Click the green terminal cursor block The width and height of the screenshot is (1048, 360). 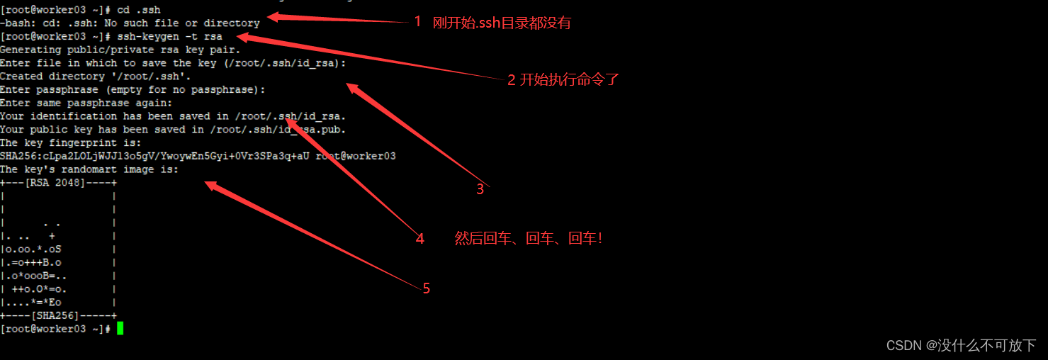[120, 329]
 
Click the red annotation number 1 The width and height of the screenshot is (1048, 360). [417, 22]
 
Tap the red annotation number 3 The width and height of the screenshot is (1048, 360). [480, 189]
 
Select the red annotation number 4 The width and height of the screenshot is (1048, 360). [420, 239]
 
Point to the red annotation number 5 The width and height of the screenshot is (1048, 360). [426, 288]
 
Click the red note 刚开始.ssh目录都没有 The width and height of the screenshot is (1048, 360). [502, 23]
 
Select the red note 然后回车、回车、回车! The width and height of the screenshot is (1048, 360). [528, 239]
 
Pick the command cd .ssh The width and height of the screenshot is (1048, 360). [138, 9]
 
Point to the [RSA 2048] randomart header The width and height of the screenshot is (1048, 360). [58, 183]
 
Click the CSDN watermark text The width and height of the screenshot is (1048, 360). [961, 345]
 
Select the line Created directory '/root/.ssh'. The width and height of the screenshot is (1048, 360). [96, 76]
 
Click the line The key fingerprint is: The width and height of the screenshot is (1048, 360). [71, 142]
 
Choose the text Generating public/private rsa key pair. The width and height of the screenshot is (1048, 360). [120, 50]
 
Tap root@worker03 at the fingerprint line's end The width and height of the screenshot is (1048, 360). [356, 156]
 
